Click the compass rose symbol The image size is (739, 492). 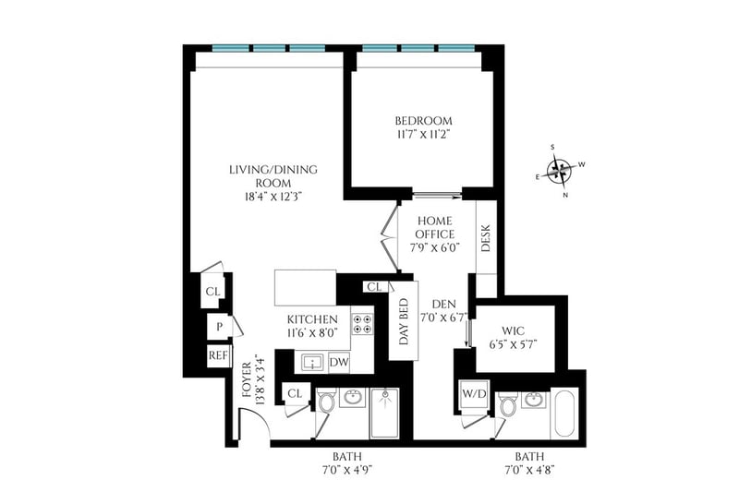560,171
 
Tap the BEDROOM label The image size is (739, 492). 423,121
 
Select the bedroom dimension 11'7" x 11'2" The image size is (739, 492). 423,135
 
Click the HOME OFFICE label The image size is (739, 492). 435,227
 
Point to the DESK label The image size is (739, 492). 486,238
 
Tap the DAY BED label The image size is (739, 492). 404,321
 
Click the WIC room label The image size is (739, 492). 514,331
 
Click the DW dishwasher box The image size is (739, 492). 339,362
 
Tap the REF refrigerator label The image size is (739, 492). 218,355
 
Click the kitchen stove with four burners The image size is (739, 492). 362,324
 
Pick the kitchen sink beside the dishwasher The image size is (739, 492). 311,363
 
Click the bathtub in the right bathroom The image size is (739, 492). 564,413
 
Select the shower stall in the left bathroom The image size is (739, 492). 384,413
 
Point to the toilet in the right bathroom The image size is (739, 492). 509,403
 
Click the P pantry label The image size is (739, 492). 219,326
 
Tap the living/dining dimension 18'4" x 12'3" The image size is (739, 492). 273,197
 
